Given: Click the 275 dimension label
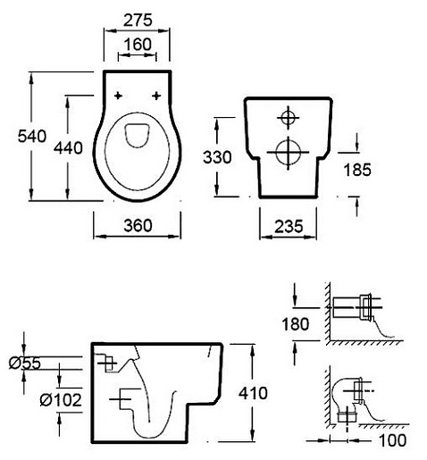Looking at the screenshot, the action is click(x=138, y=21).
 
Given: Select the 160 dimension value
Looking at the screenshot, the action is click(x=138, y=45).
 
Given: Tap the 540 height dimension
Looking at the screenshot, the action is click(x=32, y=136).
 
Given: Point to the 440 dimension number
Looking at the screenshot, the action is click(x=68, y=148).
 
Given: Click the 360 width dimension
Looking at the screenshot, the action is click(x=138, y=225).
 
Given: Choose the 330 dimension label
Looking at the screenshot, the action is click(x=217, y=157).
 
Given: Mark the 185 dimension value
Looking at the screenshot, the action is click(x=357, y=170).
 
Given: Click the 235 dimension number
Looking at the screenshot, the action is click(x=289, y=226).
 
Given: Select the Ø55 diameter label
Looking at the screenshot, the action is click(x=25, y=364).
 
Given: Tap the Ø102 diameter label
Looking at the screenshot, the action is click(x=61, y=400).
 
